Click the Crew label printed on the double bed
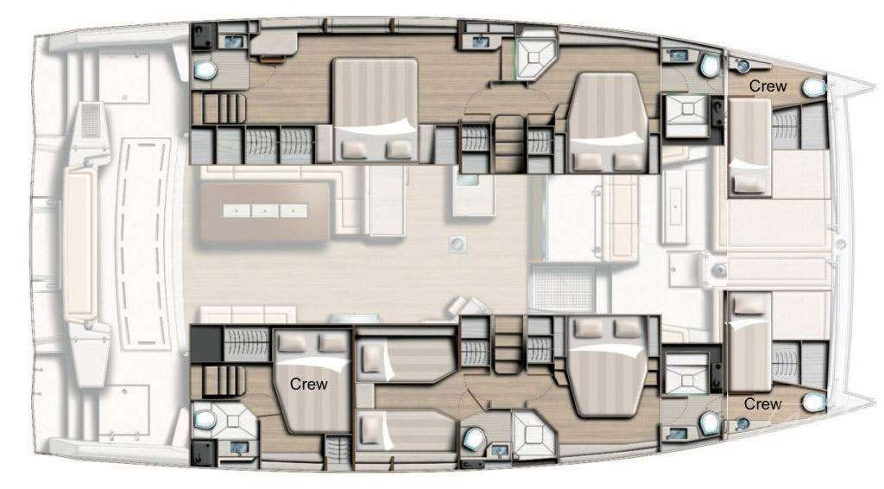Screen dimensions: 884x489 point(308,384)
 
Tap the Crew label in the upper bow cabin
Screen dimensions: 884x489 point(767,86)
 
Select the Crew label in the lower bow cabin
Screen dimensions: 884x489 point(762,403)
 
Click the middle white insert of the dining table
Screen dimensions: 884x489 point(266,211)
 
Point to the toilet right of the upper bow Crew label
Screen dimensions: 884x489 point(814,88)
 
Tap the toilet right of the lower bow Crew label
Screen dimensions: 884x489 point(814,402)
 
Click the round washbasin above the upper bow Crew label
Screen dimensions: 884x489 point(742,66)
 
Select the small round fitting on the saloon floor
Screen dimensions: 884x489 point(458,244)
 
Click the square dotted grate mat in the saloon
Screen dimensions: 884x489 point(562,289)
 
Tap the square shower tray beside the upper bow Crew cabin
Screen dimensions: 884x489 point(685,116)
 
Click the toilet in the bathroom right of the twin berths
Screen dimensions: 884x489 point(474,438)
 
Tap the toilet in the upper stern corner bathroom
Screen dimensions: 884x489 point(205,71)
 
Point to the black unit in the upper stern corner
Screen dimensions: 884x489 point(201,36)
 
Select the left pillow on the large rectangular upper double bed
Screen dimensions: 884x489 point(355,149)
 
